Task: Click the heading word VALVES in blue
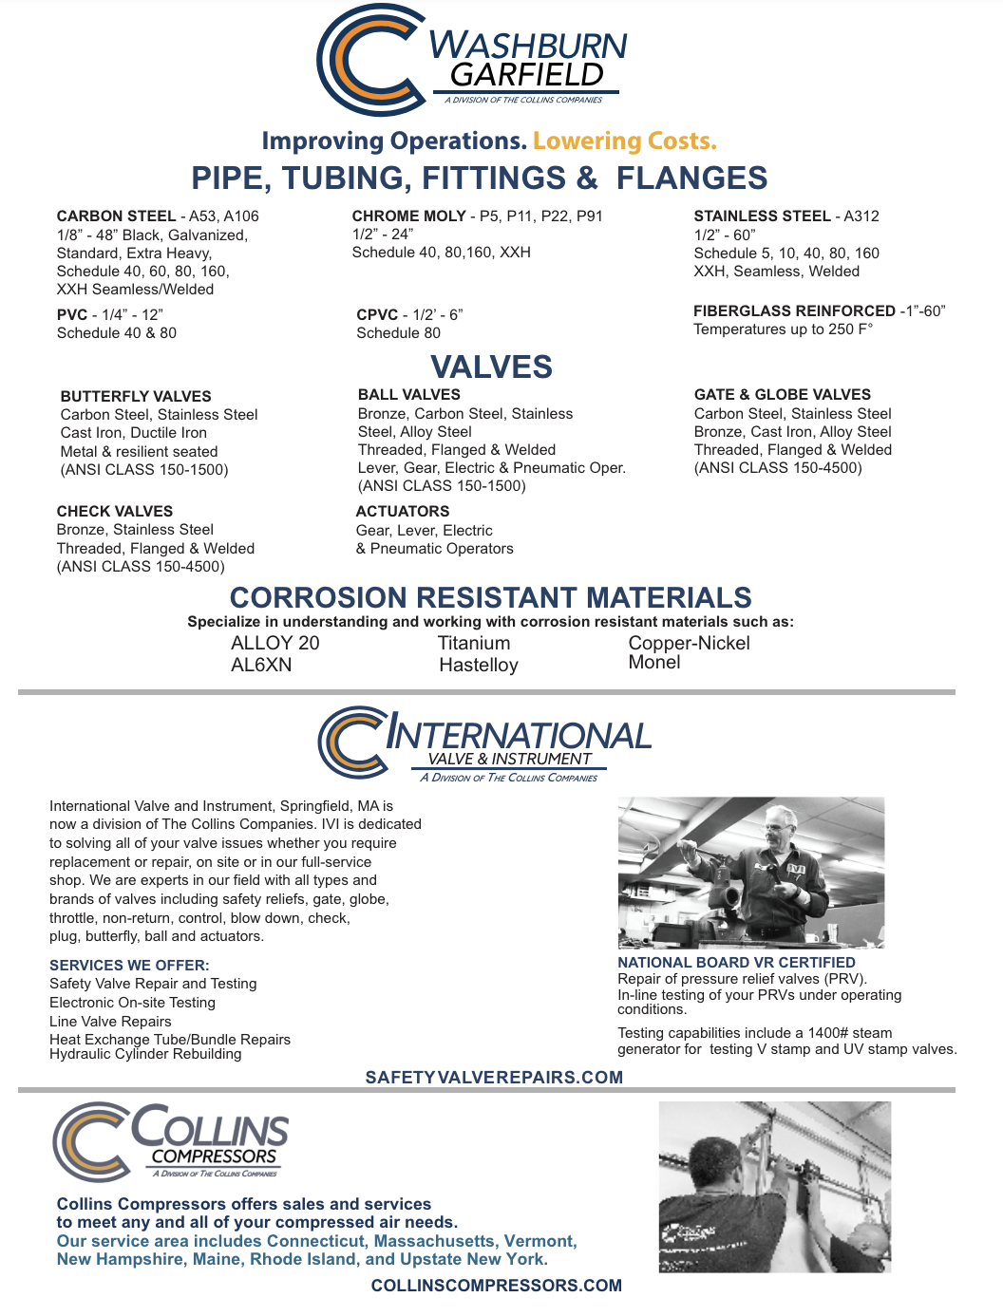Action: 491,367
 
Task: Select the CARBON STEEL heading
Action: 116,216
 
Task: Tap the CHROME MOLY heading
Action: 408,216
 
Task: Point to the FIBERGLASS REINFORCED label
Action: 794,311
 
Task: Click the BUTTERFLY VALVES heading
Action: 136,396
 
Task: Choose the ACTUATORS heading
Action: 403,511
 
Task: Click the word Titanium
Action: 474,643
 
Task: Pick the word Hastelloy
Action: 479,666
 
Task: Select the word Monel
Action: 654,663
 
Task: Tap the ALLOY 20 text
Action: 275,643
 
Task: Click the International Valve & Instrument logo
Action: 484,743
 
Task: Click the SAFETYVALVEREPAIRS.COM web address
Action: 494,1078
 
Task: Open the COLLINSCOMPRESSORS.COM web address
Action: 496,1286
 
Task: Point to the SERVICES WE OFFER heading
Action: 129,965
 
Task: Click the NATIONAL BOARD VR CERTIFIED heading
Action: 736,962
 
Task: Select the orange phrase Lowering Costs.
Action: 624,141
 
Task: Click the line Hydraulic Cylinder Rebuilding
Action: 145,1054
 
